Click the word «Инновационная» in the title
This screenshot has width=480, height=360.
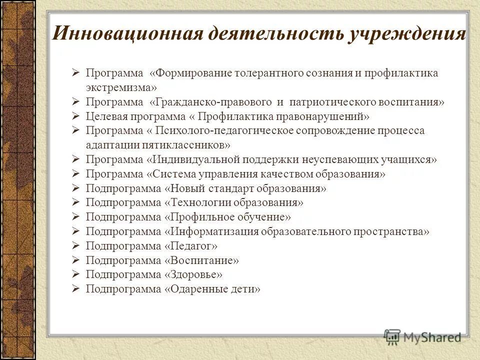(127, 34)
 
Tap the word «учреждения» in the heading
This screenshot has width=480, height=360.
(407, 34)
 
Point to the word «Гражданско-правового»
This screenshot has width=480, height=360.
(214, 102)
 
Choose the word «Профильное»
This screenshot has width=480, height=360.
(198, 217)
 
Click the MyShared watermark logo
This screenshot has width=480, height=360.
(422, 336)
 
